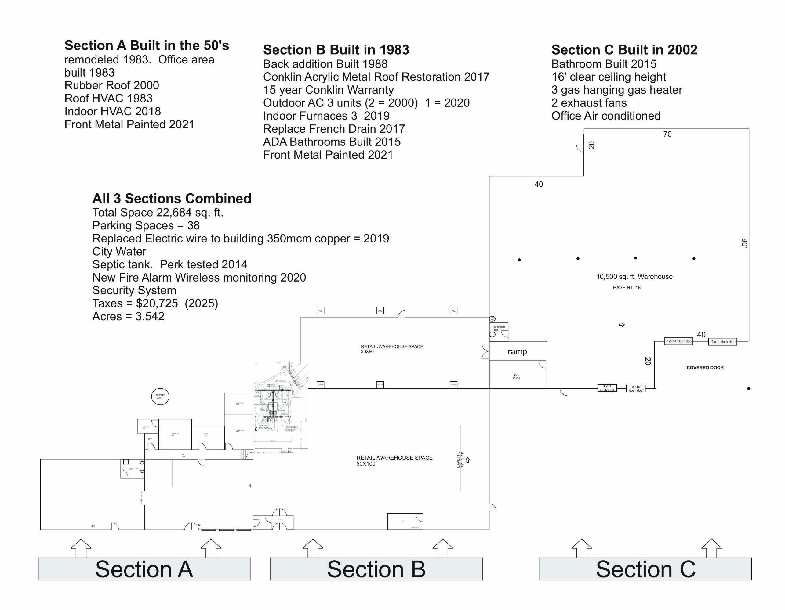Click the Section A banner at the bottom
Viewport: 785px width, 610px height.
144,569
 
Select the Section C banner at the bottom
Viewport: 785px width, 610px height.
645,569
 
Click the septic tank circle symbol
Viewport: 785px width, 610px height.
160,396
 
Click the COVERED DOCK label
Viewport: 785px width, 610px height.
705,368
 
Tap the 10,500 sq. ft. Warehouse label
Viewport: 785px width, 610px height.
634,276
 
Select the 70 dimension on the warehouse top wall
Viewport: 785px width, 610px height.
667,134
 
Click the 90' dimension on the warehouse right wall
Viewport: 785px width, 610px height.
744,243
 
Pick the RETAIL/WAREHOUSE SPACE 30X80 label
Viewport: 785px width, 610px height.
392,349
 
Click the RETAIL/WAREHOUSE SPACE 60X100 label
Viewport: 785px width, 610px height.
394,460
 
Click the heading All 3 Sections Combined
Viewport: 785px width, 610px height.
172,198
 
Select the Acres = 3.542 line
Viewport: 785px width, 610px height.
128,316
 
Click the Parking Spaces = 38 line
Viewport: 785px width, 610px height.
146,225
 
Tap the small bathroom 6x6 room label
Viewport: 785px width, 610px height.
499,328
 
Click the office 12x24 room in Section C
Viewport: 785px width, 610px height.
517,377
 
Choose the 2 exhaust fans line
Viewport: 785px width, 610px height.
589,103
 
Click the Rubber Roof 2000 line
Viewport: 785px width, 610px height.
111,85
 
